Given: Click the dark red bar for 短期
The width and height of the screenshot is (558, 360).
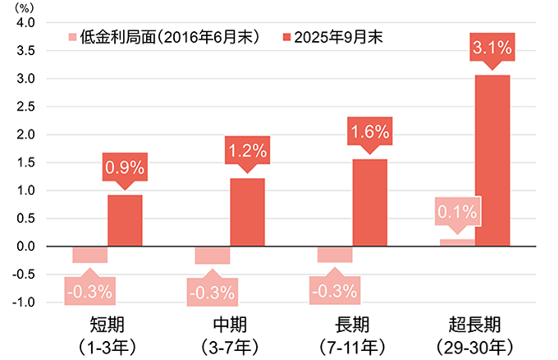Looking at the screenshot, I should (x=125, y=220).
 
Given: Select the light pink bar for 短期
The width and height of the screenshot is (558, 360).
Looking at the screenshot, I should (x=90, y=254).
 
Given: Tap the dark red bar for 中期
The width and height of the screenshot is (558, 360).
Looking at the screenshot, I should (x=247, y=212).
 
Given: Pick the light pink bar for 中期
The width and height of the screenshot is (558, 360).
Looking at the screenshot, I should (x=213, y=254).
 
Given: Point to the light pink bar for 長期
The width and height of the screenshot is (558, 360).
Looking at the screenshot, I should (x=335, y=254).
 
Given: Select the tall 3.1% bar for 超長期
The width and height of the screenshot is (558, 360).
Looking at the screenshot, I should (x=492, y=161).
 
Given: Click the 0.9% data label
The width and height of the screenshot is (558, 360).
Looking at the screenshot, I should (x=125, y=169).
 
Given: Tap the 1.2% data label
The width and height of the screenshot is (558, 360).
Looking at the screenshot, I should (x=247, y=150).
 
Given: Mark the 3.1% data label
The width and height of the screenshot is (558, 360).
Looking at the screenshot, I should (x=492, y=49).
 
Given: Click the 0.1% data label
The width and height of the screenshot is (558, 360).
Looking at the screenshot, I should (x=457, y=213).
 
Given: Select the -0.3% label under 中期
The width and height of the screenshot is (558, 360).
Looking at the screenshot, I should (x=213, y=291).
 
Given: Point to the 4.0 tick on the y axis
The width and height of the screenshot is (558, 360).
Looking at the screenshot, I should (x=25, y=22).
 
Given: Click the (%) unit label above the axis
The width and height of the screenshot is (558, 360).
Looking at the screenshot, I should (x=20, y=7).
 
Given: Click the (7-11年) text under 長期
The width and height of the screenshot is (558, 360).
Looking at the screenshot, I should (x=353, y=344).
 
